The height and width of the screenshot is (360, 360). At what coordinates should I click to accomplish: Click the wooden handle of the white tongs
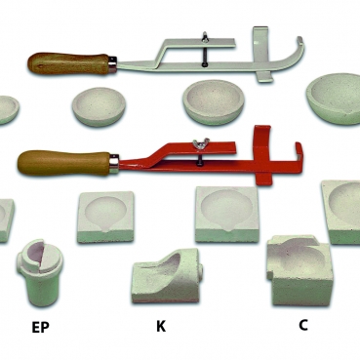tap(69, 63)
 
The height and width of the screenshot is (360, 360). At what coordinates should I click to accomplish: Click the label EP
tap(40, 328)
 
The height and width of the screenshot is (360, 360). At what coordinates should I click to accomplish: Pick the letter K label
tap(161, 326)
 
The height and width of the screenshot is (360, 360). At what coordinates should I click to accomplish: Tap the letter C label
tap(302, 325)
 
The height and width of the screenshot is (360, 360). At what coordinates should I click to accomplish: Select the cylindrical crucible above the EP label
tap(40, 272)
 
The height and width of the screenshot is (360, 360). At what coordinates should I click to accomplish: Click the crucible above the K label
tap(167, 276)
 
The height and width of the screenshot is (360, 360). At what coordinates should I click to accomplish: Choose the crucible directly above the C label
tap(300, 270)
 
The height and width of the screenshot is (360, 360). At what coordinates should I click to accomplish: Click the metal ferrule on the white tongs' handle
tap(112, 63)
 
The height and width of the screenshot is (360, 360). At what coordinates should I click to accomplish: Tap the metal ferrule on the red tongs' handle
tap(114, 163)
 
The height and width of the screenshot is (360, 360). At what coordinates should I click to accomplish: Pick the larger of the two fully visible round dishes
tap(214, 102)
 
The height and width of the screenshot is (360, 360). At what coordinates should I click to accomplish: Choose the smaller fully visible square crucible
tap(105, 217)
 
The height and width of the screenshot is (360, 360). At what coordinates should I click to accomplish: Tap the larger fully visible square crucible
tap(227, 214)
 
